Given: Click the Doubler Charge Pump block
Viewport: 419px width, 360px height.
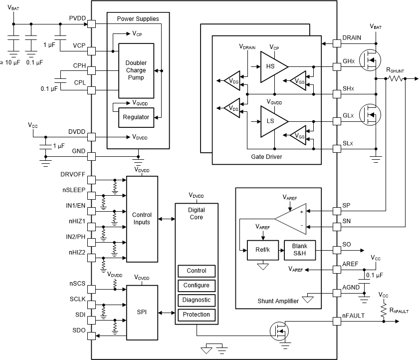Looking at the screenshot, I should point(136,70).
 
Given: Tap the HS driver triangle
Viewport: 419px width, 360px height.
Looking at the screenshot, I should point(271,66).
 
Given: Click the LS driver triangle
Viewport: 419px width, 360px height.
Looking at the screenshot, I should point(271,121).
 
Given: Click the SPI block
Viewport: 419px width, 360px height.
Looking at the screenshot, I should point(142,313).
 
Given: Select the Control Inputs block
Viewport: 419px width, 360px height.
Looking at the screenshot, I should point(142,218).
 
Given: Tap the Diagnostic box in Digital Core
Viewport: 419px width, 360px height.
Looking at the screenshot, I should point(196,300).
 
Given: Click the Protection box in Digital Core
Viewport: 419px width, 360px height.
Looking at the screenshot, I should point(196,315).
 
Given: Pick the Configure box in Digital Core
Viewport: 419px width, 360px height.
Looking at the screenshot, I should point(196,286).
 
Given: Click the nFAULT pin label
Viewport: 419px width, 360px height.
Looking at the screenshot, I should point(353,316).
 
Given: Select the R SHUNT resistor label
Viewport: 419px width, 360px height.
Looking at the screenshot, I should point(395,71).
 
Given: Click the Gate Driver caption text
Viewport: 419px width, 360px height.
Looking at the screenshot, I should point(266,157).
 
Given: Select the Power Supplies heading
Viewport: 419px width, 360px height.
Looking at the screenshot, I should point(138,18).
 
